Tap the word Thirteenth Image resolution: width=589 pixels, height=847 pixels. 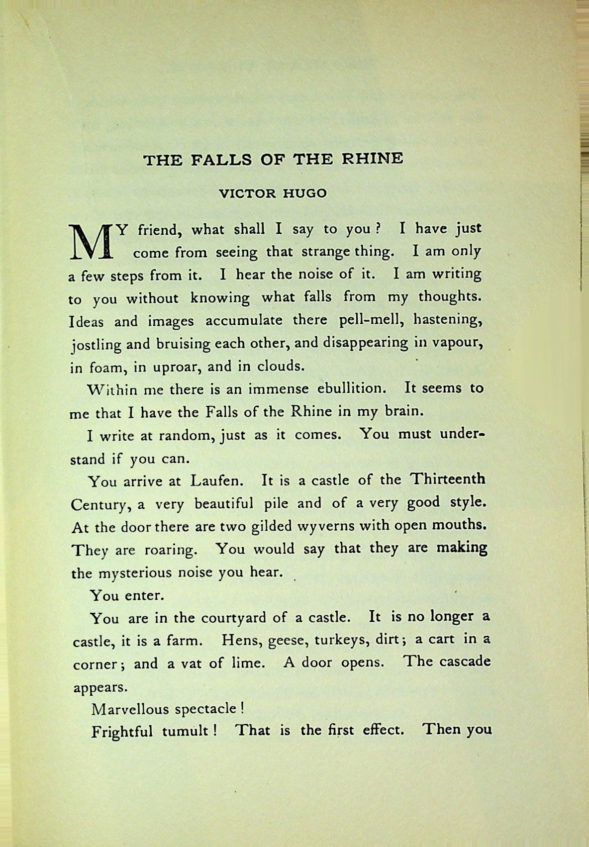tap(447, 479)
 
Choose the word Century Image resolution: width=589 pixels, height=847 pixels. tap(101, 505)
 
